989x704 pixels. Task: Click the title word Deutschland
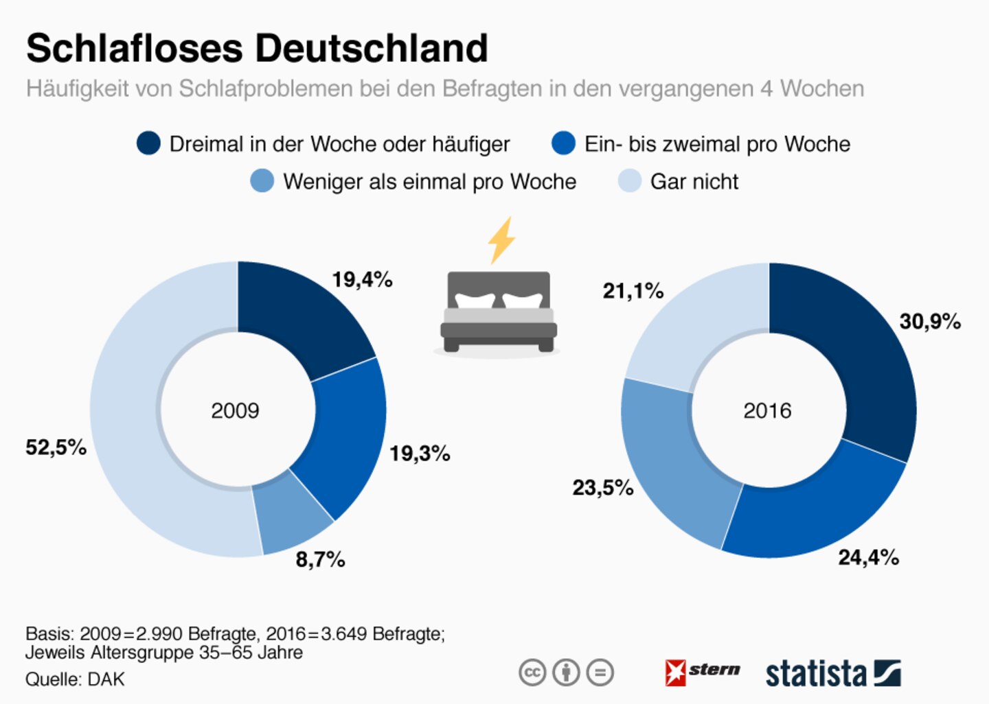372,49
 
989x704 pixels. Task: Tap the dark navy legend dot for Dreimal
148,143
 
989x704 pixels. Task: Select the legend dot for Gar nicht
629,181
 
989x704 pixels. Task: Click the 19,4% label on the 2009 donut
362,280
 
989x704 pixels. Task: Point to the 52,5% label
56,447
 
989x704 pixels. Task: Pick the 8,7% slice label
320,560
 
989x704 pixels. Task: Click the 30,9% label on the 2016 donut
930,321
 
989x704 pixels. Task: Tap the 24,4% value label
868,557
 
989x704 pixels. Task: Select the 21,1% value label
633,291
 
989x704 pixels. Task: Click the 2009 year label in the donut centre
235,411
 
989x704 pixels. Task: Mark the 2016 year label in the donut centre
767,411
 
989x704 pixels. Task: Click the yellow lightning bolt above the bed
501,240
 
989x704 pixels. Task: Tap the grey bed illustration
499,312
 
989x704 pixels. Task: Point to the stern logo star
675,672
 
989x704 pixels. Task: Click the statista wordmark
816,674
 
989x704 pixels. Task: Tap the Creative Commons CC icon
532,672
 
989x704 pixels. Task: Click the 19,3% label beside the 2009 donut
420,454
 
